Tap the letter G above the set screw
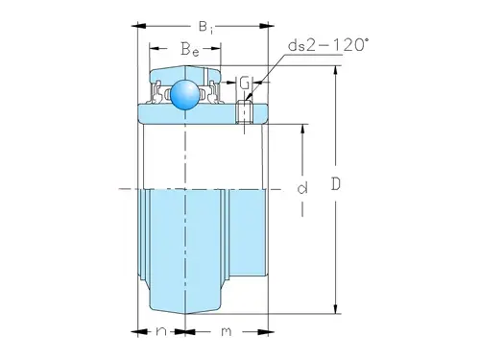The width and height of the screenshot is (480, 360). tap(245, 83)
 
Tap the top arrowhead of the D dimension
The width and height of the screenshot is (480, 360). tap(337, 64)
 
